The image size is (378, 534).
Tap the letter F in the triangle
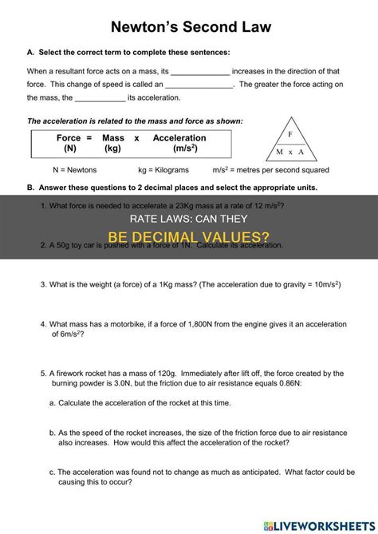tap(290, 134)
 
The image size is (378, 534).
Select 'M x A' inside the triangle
tap(290, 152)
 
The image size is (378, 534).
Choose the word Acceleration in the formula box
tap(179, 138)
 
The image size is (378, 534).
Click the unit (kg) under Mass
tap(112, 149)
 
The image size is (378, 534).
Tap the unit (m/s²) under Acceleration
tap(179, 149)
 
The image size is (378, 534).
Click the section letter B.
tap(30, 188)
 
